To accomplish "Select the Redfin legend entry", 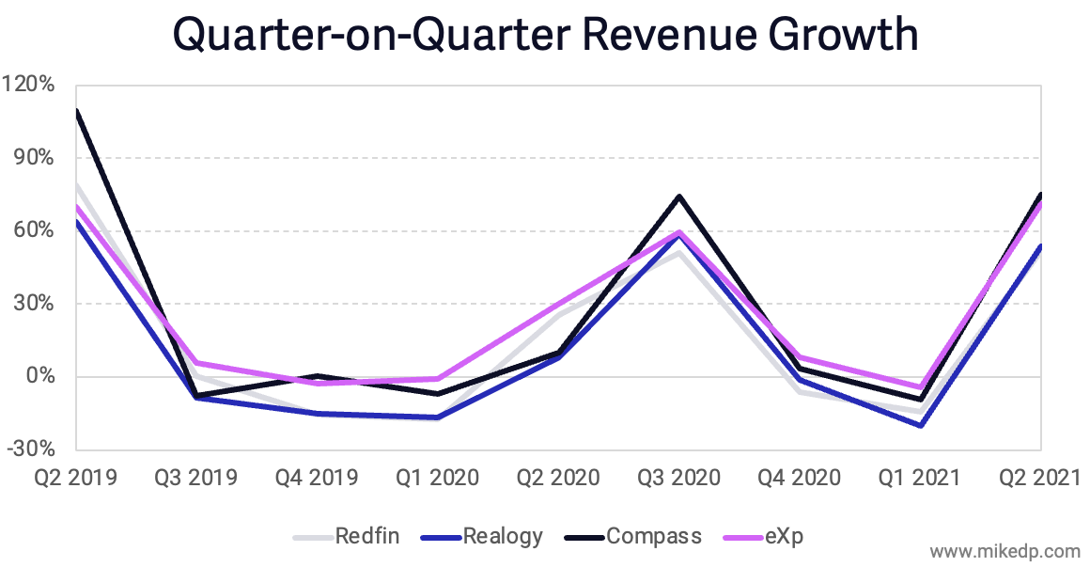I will tap(367, 536).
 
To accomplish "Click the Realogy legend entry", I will tap(503, 536).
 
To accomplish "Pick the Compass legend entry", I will tap(654, 536).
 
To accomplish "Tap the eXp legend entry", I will tap(784, 536).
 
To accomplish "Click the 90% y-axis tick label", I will tap(34, 157).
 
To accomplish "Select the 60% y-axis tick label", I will tap(34, 230).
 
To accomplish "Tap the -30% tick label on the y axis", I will tap(30, 449).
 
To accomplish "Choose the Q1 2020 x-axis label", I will tap(438, 478).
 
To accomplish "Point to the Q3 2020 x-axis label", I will tap(678, 478).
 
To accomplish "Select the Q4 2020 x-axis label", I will tap(799, 478).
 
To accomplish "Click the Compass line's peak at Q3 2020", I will tap(678, 197).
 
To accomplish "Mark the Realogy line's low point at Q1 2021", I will tap(920, 425).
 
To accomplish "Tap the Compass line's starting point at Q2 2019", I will tap(77, 111).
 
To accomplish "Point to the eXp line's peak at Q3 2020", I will tap(678, 232).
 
